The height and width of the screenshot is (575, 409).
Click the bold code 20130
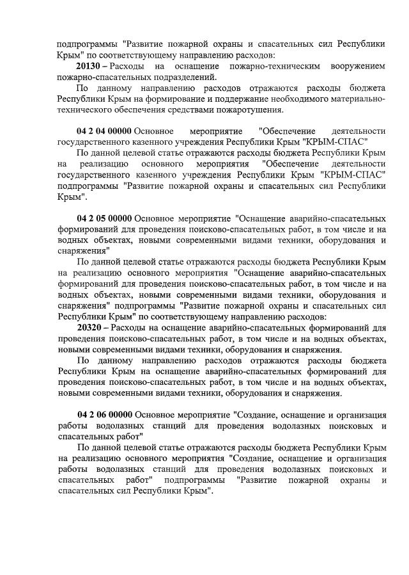pyautogui.click(x=89, y=67)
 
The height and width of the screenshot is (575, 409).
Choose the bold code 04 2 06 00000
pyautogui.click(x=104, y=414)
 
